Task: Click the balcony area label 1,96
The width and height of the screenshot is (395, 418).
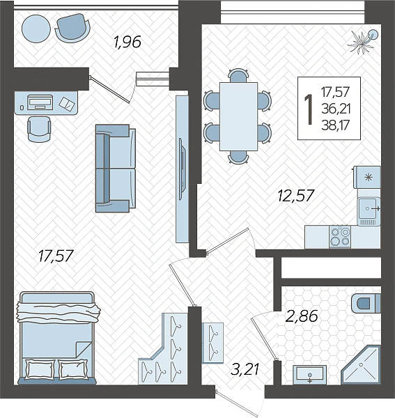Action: [127, 42]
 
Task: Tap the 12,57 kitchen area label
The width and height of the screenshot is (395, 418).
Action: [296, 195]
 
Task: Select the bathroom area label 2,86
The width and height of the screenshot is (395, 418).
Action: [302, 316]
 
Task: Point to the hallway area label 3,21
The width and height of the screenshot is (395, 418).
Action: [245, 369]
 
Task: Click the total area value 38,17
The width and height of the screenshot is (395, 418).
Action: [336, 125]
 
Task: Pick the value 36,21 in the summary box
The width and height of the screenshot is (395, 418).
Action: [336, 109]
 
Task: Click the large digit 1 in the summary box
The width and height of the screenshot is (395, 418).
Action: [309, 109]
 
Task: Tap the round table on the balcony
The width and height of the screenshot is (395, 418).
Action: [36, 29]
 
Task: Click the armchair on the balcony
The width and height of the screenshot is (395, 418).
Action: [72, 28]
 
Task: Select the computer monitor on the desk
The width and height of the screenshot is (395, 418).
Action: [40, 102]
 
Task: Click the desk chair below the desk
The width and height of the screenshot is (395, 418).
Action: [39, 129]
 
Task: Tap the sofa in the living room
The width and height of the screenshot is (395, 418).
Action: [116, 168]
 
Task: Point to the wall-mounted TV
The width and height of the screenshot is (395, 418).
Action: [182, 169]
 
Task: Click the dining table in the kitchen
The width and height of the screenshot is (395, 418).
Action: [238, 116]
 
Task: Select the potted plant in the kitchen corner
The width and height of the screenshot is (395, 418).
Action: [363, 41]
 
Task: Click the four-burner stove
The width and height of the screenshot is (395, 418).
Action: [340, 237]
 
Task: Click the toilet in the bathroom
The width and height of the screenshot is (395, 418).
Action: [366, 303]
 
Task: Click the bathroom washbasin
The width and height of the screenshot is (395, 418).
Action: [310, 375]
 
